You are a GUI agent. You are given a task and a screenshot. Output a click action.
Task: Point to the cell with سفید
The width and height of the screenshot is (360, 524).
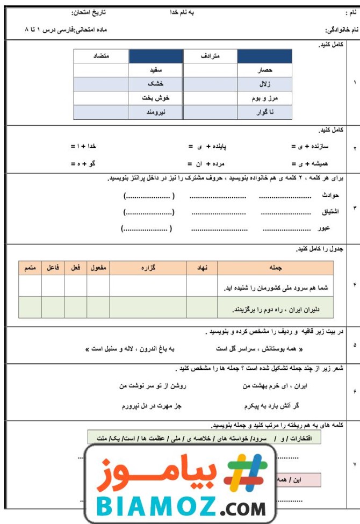[156, 70]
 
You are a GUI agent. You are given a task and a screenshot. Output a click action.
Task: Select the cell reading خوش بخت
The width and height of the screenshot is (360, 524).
[156, 98]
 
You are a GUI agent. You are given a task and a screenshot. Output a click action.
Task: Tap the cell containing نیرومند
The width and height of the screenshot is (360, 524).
[156, 112]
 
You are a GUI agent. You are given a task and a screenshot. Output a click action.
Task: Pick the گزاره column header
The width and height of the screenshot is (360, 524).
[148, 267]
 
